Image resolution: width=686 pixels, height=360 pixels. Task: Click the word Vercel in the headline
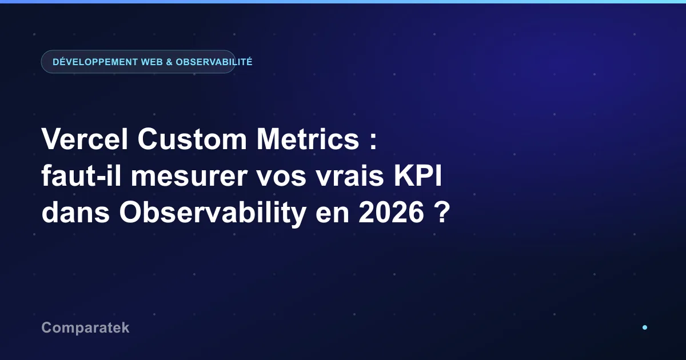[85, 139]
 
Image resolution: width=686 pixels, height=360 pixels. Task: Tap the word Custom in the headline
[192, 139]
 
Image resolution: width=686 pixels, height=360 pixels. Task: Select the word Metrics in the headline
[308, 139]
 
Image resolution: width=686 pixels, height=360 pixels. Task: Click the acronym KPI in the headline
[418, 175]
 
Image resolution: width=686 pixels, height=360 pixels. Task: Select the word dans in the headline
[75, 212]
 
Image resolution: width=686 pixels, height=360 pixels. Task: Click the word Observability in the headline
[213, 214]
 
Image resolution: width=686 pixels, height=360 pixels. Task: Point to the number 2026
[391, 212]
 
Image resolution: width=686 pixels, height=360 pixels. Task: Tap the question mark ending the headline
[442, 212]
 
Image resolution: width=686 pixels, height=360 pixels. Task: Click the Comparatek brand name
[85, 328]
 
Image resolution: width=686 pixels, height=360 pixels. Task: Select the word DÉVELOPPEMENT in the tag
[95, 62]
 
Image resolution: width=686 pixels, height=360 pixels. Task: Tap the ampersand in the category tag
[169, 62]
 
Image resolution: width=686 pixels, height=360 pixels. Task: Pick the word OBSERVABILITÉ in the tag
[214, 62]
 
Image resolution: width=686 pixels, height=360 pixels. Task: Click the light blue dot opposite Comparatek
[645, 327]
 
